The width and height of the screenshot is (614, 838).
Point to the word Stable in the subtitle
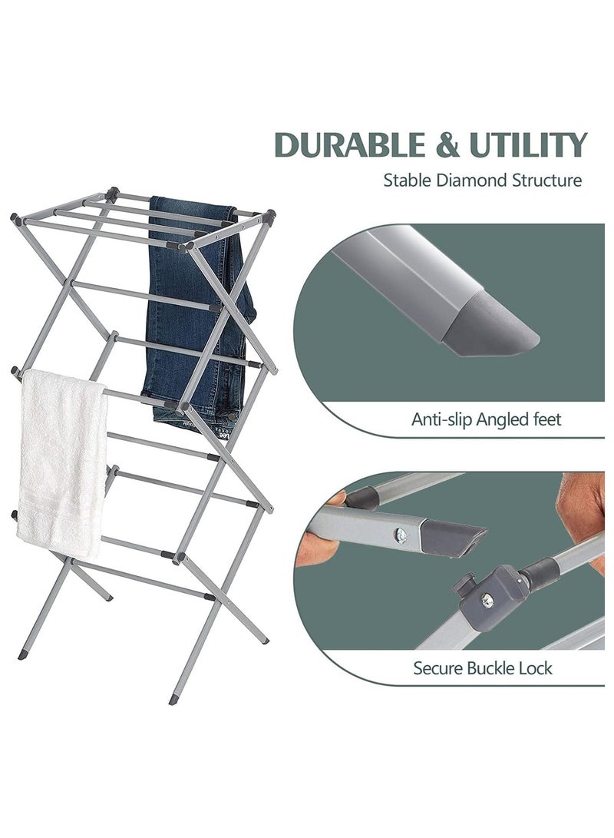(x=408, y=181)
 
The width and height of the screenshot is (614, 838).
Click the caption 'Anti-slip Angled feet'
(x=487, y=419)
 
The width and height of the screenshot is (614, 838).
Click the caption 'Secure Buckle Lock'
(x=483, y=667)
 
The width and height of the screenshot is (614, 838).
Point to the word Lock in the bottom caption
(x=535, y=667)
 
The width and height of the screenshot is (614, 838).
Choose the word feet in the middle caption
(x=546, y=419)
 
